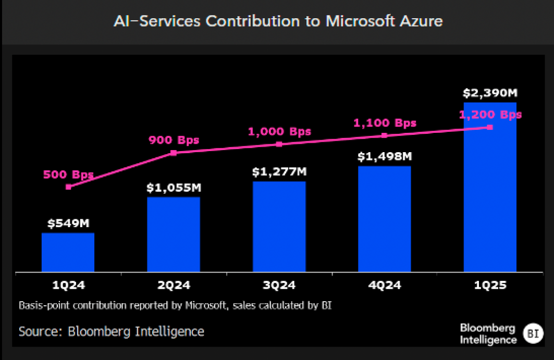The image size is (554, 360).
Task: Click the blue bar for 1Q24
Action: (68, 252)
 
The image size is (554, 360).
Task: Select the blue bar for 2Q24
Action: (174, 234)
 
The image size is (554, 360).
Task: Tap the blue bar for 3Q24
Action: (279, 227)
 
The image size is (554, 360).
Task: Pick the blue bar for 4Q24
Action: (385, 219)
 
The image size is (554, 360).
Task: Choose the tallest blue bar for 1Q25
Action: (490, 188)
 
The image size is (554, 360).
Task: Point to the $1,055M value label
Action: (174, 187)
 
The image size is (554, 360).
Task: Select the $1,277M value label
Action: (279, 171)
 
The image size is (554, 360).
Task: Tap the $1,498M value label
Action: (385, 156)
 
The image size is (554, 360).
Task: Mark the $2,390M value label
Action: (490, 93)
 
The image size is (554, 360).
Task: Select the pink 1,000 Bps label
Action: (279, 131)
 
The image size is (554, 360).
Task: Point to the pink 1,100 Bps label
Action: (385, 123)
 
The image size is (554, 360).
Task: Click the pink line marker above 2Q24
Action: (174, 153)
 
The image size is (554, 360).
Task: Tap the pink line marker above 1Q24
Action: (68, 187)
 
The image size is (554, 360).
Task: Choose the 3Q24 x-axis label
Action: (279, 285)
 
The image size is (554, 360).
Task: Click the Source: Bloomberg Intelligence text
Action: (111, 331)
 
